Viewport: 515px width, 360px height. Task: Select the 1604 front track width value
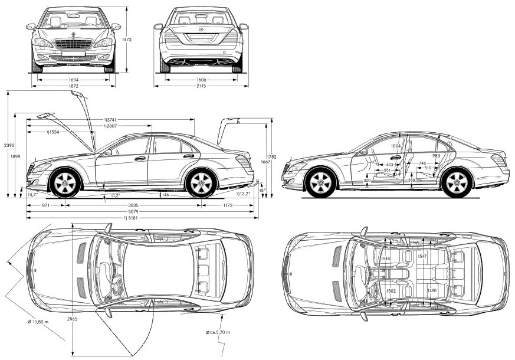point(73,80)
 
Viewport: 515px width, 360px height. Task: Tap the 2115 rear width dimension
point(201,86)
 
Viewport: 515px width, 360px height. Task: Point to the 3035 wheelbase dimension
point(133,205)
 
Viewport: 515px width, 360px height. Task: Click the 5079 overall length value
point(133,212)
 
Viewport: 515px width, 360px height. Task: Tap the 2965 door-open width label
point(73,319)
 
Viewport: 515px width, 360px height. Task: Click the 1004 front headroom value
point(396,146)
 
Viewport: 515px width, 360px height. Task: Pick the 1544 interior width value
point(386,258)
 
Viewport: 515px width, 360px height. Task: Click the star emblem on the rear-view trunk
point(201,30)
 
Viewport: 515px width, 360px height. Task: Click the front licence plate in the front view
point(73,54)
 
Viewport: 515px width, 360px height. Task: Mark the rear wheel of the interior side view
point(456,183)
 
